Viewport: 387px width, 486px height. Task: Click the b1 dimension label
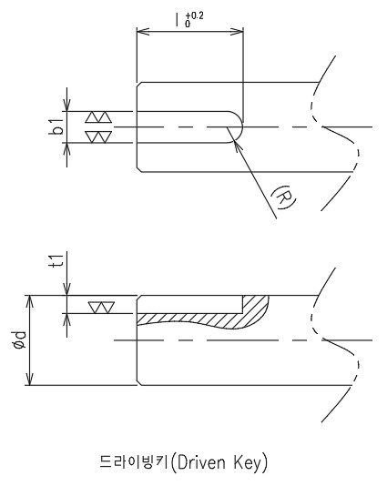56,127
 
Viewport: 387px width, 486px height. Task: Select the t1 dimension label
57,260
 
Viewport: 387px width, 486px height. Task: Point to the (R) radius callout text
283,197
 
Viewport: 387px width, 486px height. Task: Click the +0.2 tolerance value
195,15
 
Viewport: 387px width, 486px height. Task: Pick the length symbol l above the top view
178,19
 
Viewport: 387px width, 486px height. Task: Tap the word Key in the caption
247,463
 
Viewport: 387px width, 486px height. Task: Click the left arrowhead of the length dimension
143,31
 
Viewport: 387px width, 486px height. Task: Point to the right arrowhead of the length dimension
238,31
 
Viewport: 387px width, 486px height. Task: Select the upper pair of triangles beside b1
98,117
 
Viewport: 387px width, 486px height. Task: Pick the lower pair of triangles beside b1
98,137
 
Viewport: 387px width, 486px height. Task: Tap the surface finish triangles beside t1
101,307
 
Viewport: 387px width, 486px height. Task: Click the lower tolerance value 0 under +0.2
188,24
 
